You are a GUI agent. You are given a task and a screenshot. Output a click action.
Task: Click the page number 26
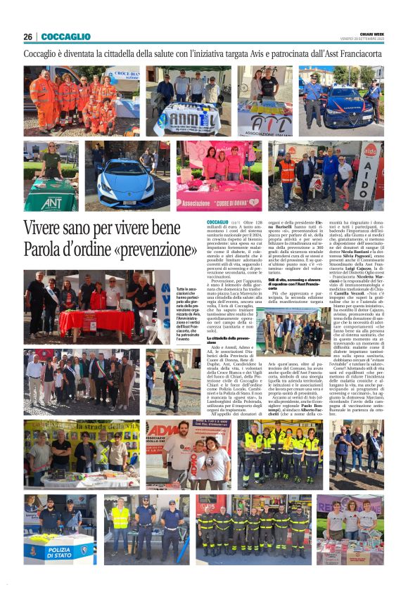point(27,37)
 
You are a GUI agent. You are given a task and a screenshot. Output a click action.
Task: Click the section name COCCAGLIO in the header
point(66,37)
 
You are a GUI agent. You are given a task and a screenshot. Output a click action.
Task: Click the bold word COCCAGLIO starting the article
point(217,222)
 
